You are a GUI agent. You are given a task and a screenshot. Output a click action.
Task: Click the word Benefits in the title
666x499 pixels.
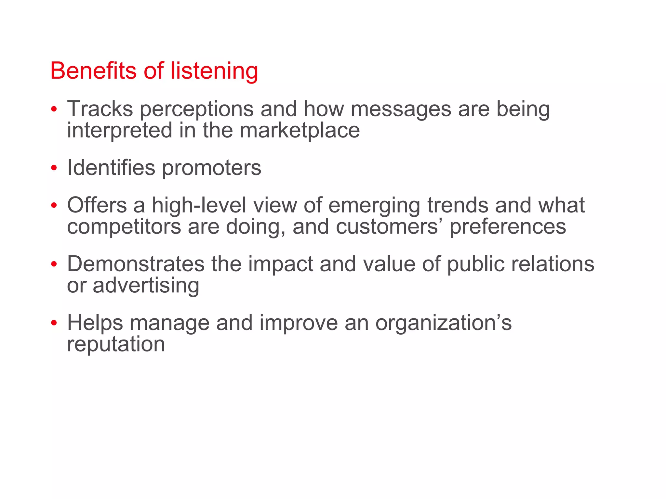[93, 70]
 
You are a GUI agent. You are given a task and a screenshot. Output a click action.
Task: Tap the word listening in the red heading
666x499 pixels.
[214, 71]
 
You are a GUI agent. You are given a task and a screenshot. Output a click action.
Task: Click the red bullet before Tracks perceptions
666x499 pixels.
[54, 109]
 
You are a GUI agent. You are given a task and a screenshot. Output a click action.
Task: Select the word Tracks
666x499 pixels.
[100, 109]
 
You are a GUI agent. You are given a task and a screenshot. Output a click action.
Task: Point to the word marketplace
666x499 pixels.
[300, 130]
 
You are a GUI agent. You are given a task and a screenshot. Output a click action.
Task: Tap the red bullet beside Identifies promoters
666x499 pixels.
[54, 168]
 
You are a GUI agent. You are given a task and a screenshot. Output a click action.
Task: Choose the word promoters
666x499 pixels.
[211, 168]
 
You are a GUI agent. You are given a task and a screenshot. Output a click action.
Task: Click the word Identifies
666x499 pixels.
[111, 168]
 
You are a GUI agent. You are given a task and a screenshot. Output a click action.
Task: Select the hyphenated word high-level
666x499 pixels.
[199, 205]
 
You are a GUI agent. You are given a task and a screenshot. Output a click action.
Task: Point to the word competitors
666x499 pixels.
[124, 227]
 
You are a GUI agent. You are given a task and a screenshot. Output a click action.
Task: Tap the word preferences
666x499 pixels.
[508, 227]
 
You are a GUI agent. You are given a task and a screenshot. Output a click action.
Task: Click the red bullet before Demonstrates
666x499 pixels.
[54, 264]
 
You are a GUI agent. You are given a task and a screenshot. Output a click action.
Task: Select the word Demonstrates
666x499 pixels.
[136, 264]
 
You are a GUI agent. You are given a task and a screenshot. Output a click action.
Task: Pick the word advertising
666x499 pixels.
[146, 286]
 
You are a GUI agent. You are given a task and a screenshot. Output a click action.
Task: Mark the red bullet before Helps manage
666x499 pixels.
[54, 323]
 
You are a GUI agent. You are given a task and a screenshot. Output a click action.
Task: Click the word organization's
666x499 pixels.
[443, 324]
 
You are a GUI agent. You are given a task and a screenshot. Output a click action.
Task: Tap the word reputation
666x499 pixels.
[116, 345]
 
